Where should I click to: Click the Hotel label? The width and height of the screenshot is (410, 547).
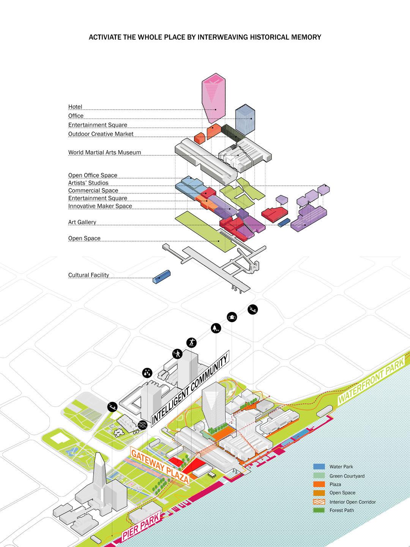click(x=75, y=107)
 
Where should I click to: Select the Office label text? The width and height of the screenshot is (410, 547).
click(x=76, y=116)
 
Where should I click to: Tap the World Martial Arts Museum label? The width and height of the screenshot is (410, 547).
click(x=104, y=152)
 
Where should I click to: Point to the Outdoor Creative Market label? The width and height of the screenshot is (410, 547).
click(x=101, y=134)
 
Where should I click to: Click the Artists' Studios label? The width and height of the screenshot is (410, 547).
click(x=88, y=183)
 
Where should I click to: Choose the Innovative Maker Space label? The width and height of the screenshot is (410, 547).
click(x=100, y=206)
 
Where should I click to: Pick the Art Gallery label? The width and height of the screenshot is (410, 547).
click(x=82, y=222)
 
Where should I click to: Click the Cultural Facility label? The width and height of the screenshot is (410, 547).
click(x=88, y=275)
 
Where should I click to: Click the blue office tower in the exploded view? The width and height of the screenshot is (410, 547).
click(x=245, y=119)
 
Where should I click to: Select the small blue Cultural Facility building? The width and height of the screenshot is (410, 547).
click(x=161, y=277)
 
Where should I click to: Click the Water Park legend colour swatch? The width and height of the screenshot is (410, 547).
click(x=319, y=466)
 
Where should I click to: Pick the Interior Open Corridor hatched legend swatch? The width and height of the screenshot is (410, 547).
click(x=319, y=502)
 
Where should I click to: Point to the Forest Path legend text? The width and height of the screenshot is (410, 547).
click(x=341, y=510)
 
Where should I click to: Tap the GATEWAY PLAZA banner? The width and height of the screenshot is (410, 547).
click(x=160, y=465)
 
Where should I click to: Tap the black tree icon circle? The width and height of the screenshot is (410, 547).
click(x=216, y=328)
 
